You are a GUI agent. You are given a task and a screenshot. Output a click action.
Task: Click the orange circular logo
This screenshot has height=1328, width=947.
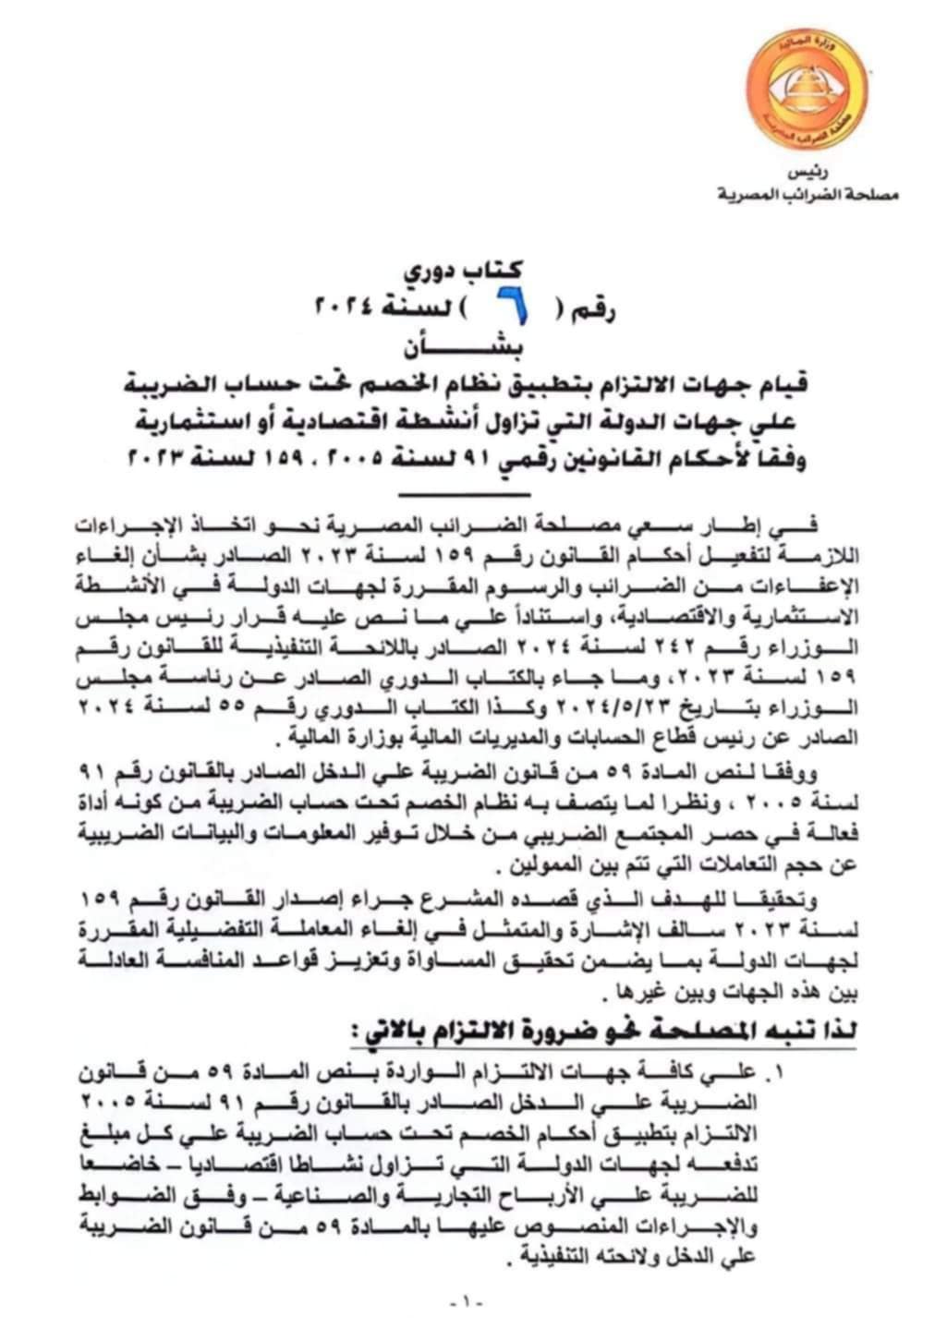806,90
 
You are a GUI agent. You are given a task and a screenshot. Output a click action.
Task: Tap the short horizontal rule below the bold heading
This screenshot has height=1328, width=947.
478,496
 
